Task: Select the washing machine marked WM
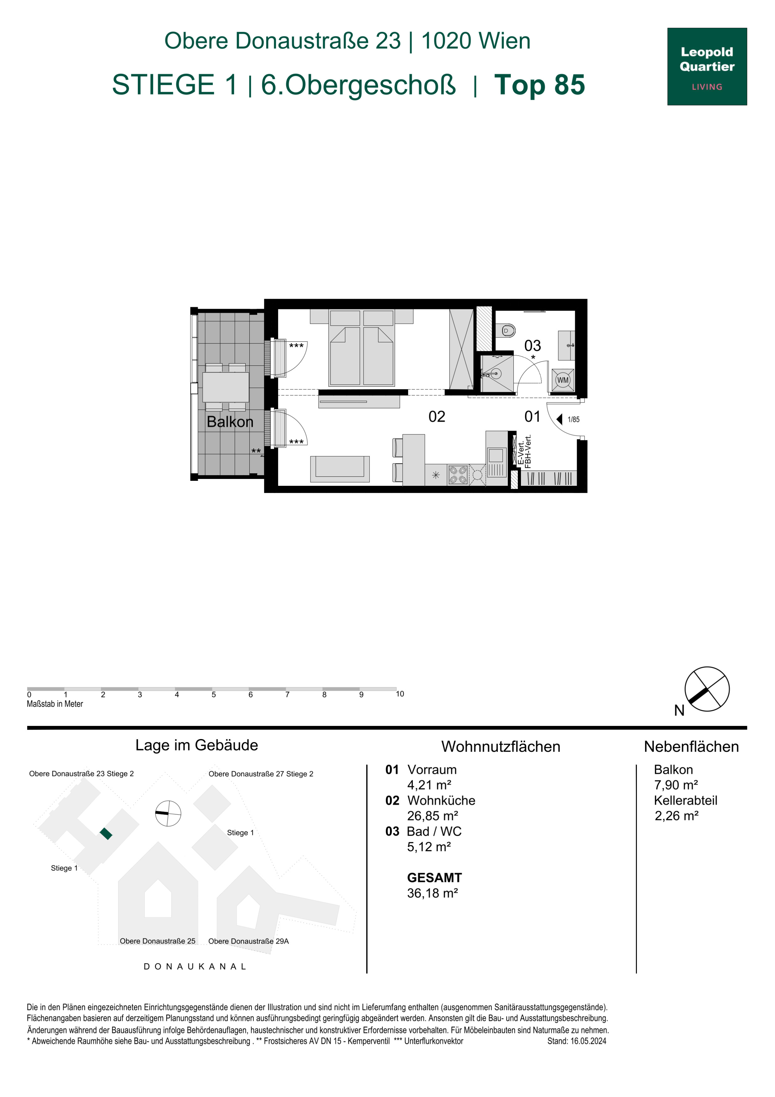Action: (x=563, y=380)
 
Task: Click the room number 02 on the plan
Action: (x=436, y=417)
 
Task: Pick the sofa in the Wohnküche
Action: (x=340, y=469)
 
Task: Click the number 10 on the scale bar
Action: (x=400, y=694)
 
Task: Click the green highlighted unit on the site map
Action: (x=106, y=834)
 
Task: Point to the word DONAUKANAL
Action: (x=195, y=967)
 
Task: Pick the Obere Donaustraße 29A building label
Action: (x=248, y=941)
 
